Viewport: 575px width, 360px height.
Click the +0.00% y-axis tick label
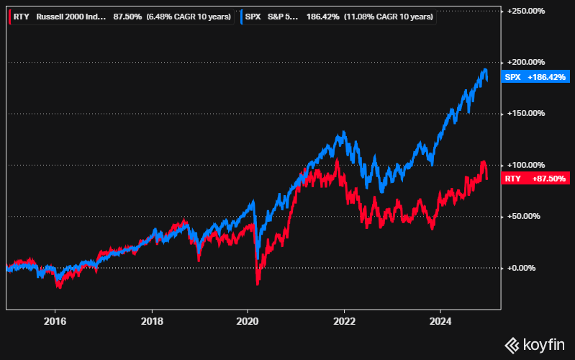[x=530, y=268]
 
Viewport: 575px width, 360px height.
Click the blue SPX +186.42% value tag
[x=535, y=76]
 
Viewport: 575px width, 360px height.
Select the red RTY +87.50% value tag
[x=536, y=178]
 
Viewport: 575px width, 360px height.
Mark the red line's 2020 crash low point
[x=257, y=285]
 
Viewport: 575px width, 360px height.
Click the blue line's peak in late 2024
[x=485, y=69]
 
